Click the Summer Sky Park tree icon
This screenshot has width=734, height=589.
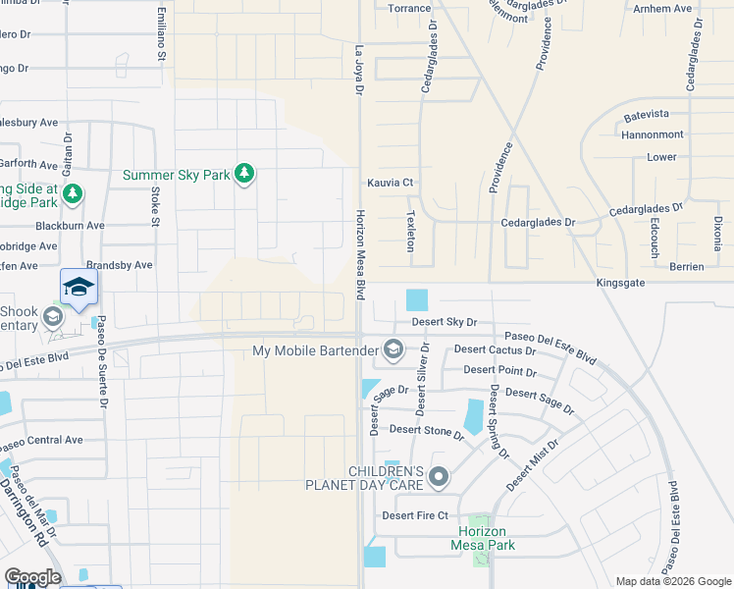[x=244, y=175]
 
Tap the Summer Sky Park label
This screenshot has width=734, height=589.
[x=176, y=176]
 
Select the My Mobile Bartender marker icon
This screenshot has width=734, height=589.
[x=393, y=349]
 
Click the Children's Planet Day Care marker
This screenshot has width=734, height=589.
[x=439, y=478]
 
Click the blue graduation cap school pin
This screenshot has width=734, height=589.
[x=79, y=288]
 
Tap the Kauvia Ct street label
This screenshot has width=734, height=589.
[x=391, y=183]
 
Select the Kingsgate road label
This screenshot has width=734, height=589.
[x=623, y=283]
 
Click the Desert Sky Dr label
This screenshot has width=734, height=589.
[x=444, y=322]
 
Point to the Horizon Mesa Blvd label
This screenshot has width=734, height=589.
[x=360, y=254]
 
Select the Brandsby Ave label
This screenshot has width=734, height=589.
[x=120, y=265]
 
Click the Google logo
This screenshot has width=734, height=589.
[x=32, y=577]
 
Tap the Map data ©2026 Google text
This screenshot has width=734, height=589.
[x=673, y=581]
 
